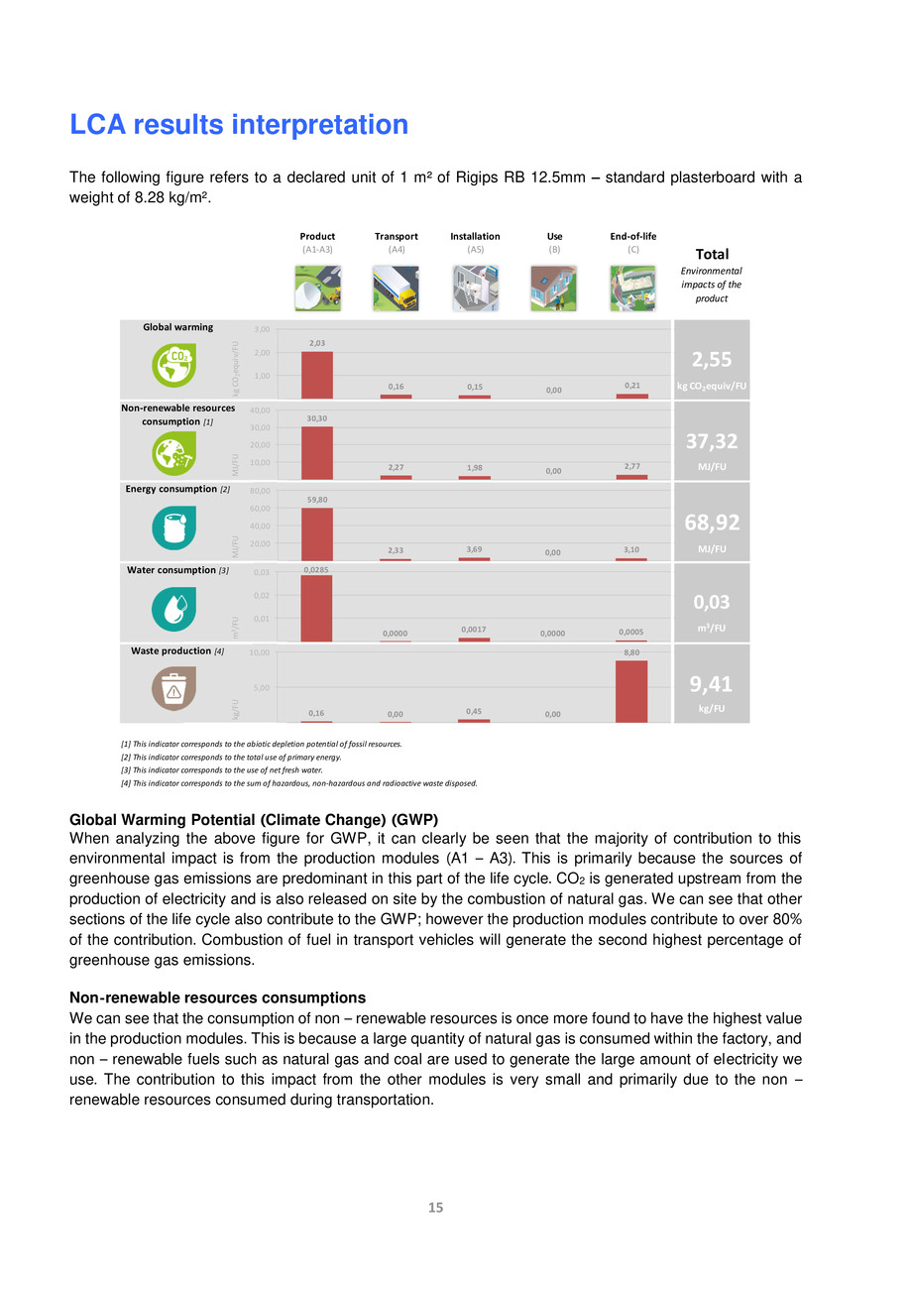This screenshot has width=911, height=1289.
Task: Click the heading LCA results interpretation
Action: point(238,125)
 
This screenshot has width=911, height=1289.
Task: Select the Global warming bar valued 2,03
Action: point(317,375)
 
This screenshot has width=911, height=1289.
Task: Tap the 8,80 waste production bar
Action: point(631,691)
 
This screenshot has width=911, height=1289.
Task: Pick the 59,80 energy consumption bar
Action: point(317,534)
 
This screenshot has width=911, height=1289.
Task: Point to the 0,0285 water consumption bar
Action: point(317,608)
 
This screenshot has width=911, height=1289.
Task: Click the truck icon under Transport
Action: point(396,289)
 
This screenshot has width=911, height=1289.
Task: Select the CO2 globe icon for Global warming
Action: point(173,364)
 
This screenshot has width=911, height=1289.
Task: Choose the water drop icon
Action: point(173,607)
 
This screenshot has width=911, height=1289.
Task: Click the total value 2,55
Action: point(711,358)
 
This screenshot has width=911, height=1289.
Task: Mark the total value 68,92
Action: point(711,522)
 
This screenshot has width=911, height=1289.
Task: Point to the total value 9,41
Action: point(711,683)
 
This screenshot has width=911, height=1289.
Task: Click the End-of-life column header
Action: point(632,236)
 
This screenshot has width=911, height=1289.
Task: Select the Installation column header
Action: point(475,236)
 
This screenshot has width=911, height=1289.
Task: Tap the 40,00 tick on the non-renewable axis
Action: point(261,410)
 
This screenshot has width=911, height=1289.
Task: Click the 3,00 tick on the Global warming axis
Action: point(261,329)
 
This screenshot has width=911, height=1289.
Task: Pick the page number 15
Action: point(435,1208)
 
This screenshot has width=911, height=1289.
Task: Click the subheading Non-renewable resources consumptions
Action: point(217,996)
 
